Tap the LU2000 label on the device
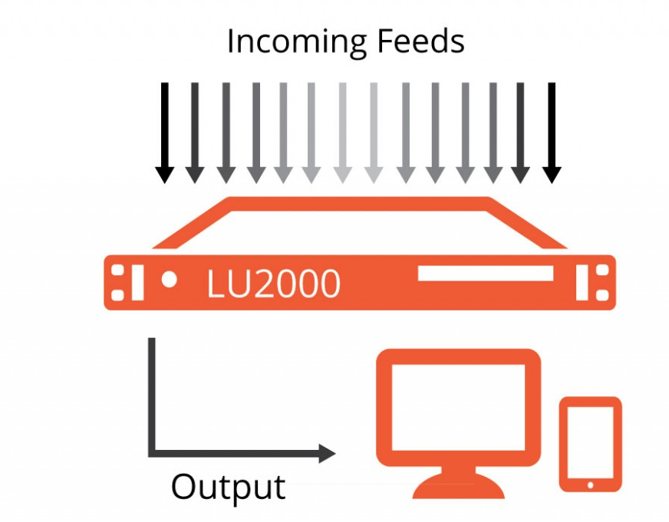point(273,284)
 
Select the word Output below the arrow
point(228,486)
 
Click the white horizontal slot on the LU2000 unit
point(485,274)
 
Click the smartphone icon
point(590,444)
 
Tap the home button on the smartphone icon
point(590,484)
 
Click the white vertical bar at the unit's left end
point(137,282)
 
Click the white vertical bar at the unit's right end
point(582,282)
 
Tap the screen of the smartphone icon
point(590,440)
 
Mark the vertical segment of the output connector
point(152,395)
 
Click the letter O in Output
point(185,487)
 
